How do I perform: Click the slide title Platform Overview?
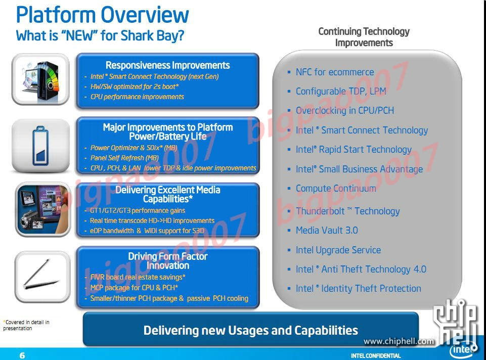[102, 15]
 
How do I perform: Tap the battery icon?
[40, 146]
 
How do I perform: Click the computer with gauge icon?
[40, 79]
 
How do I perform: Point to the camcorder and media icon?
[43, 209]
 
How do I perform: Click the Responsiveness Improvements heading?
[168, 65]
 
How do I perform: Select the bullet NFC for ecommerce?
[335, 72]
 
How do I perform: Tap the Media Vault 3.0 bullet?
[327, 230]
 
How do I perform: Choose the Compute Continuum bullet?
[336, 189]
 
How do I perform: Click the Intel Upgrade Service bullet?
[338, 250]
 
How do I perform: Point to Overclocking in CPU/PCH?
[345, 111]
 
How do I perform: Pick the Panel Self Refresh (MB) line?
[124, 158]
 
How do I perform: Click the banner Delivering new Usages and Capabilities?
[250, 330]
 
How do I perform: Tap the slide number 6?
[22, 355]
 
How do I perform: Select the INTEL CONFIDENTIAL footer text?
[376, 355]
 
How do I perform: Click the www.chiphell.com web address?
[399, 341]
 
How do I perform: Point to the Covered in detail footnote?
[26, 325]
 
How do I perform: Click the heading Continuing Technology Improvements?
[364, 37]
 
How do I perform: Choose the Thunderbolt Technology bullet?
[347, 211]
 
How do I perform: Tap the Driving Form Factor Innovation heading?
[168, 261]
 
